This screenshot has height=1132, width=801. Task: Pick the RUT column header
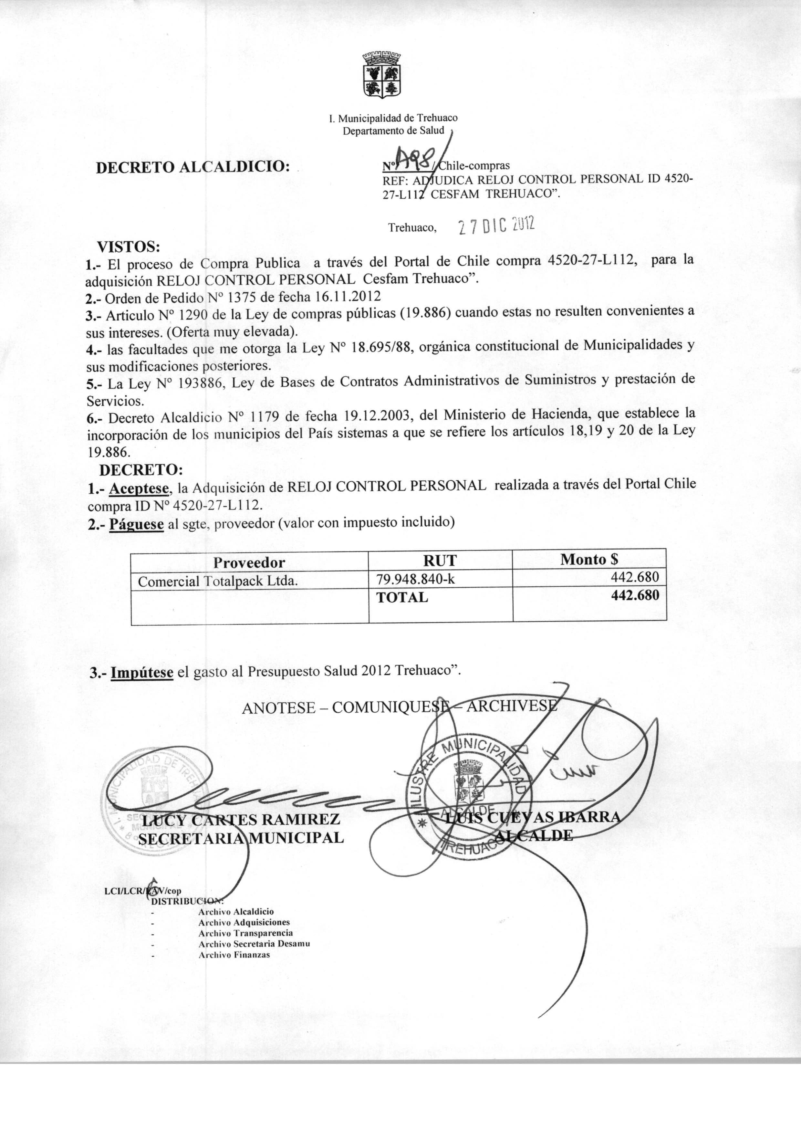[x=441, y=560]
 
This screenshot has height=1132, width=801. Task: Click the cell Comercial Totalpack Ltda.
[x=217, y=581]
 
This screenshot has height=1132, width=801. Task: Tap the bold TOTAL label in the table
[x=402, y=597]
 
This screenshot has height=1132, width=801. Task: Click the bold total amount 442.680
[x=635, y=595]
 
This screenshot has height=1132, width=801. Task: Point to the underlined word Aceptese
[x=140, y=489]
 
